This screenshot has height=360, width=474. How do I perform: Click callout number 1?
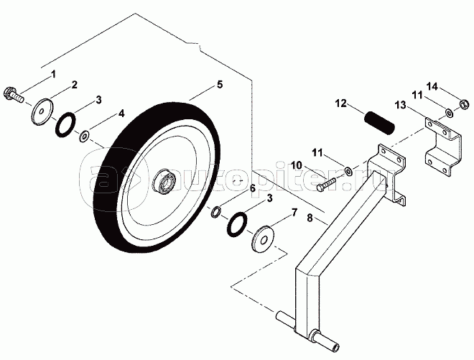(x=52, y=74)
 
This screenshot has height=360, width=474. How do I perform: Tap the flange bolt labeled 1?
(x=14, y=93)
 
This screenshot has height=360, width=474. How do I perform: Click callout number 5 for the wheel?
(x=220, y=85)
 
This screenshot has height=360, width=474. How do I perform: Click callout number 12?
(x=340, y=104)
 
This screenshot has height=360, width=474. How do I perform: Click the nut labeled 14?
(x=464, y=107)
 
